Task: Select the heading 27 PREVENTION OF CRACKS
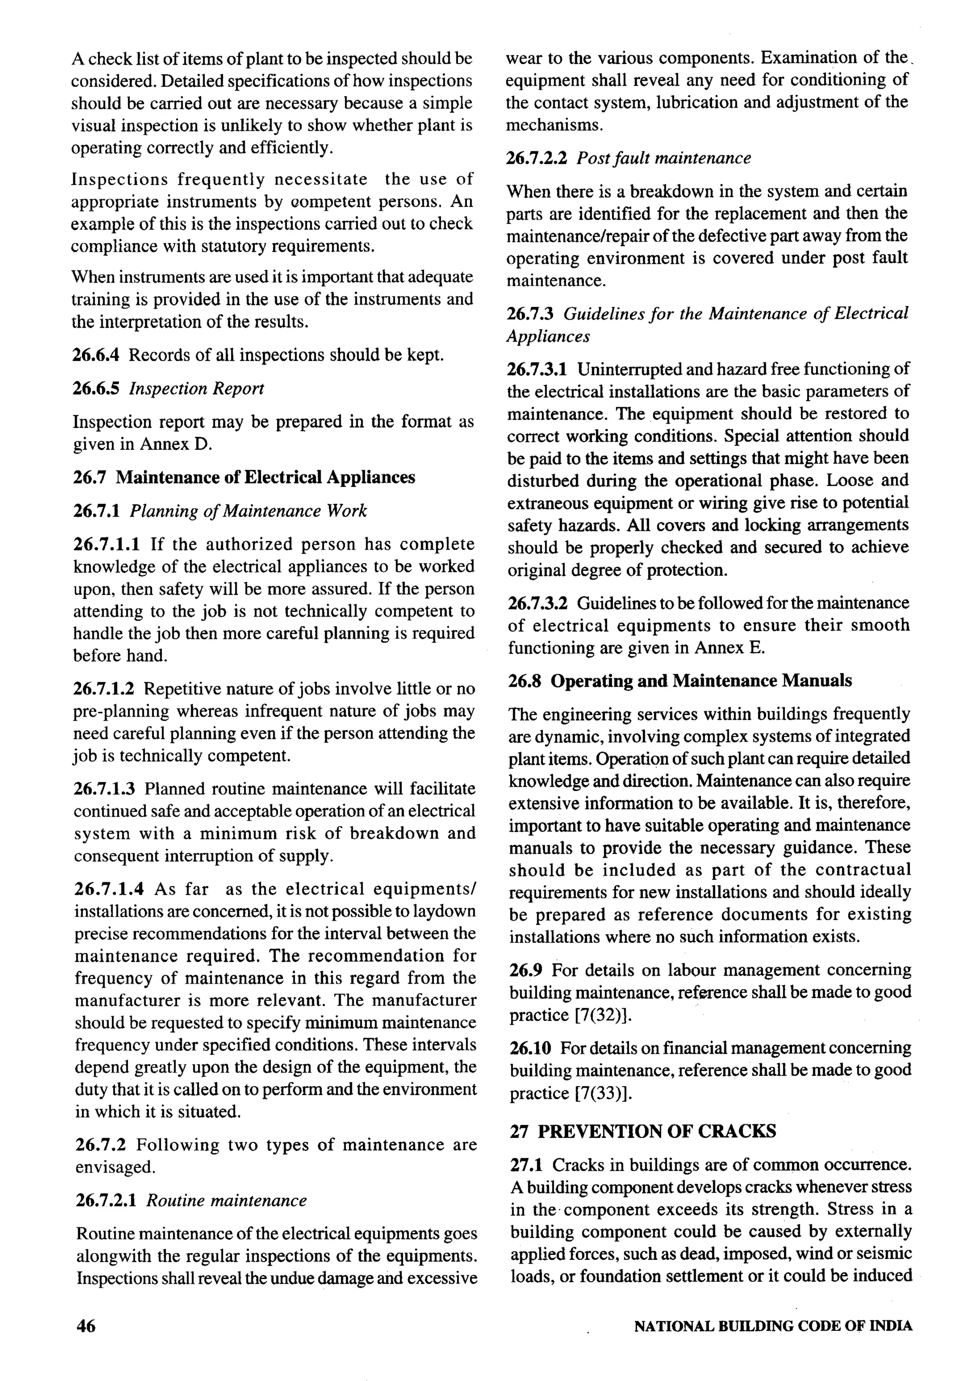(643, 1131)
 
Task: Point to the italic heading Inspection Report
(197, 388)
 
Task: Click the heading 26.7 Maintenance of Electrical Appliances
(244, 477)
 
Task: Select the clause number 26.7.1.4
(109, 889)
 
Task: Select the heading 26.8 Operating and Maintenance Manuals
(680, 681)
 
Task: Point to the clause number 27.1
(526, 1165)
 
